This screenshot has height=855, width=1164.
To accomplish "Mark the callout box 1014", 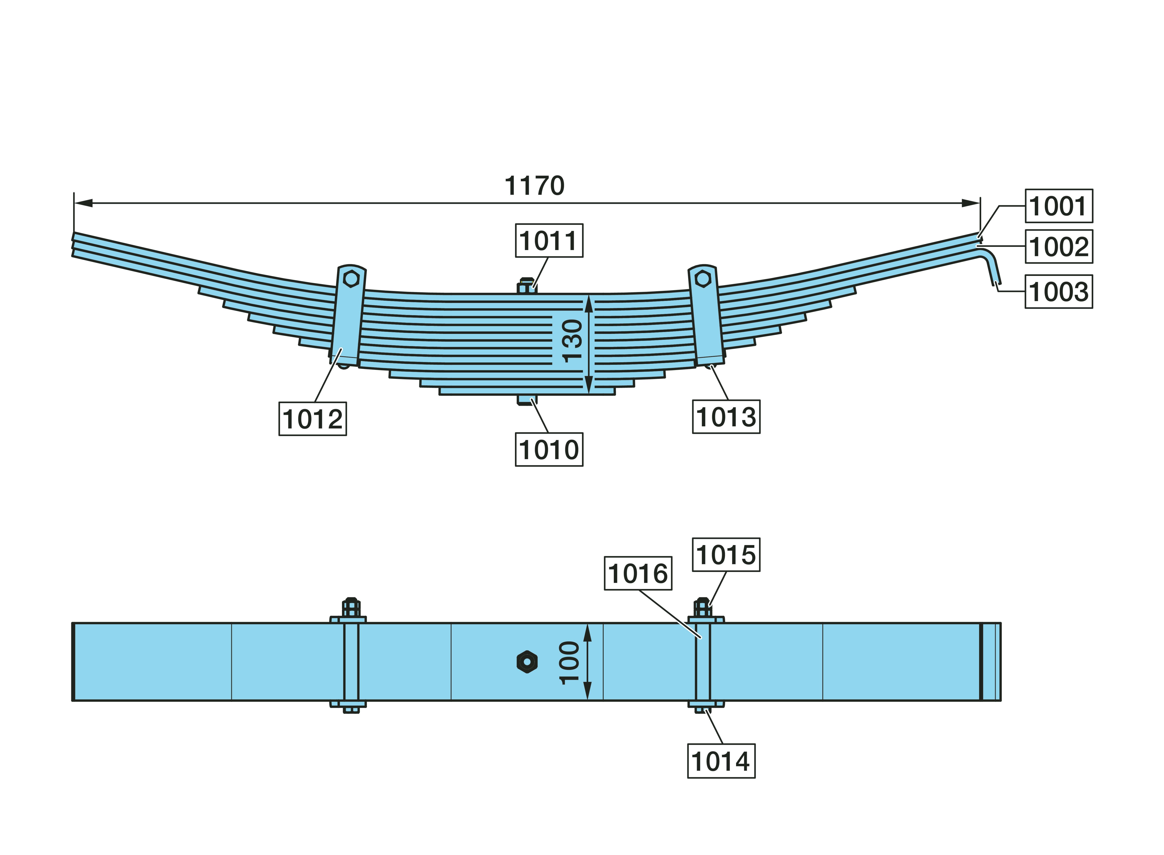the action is [721, 761].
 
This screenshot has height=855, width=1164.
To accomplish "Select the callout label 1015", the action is [726, 554].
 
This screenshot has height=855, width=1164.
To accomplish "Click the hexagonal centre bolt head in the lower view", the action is [527, 661].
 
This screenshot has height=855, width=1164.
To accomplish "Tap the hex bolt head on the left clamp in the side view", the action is [351, 279].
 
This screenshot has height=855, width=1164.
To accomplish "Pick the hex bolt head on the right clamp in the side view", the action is [702, 279].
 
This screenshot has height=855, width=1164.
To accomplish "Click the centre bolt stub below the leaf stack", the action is [527, 399].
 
